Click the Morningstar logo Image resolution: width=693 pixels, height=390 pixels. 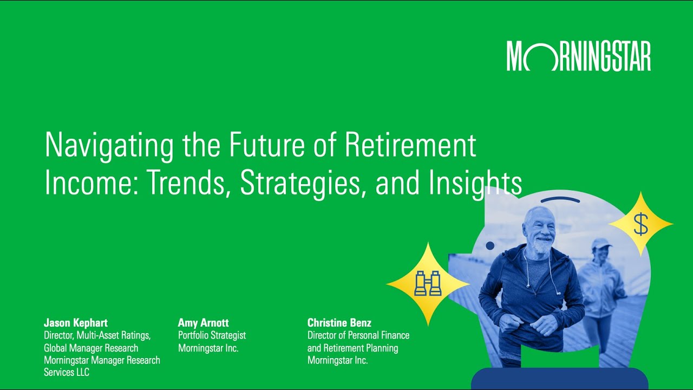tap(578, 56)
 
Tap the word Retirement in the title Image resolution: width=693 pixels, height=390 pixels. tap(410, 145)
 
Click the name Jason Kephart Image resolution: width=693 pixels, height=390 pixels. tap(76, 323)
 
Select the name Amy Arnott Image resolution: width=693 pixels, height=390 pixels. tap(203, 323)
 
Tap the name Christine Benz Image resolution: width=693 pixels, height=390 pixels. tap(339, 323)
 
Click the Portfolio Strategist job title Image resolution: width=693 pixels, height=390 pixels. tap(212, 336)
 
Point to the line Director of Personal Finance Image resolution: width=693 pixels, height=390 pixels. tap(358, 336)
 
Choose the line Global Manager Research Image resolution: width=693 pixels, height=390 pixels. tap(91, 348)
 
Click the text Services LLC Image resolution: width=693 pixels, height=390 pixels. tap(67, 373)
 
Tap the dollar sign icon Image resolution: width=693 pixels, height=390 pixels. tap(640, 224)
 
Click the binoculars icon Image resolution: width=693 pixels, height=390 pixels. tap(428, 283)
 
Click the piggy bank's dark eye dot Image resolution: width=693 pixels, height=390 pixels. tap(490, 246)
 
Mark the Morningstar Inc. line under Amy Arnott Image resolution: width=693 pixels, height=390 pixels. tap(208, 348)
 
